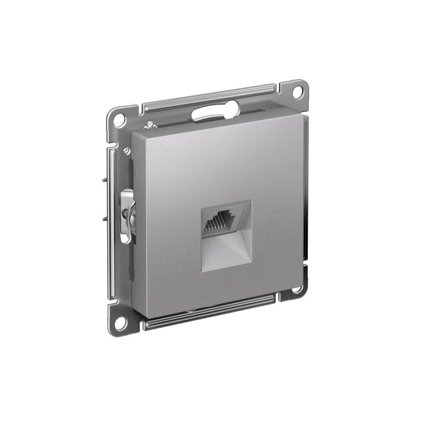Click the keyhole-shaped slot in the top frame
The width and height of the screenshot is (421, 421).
(x=216, y=111)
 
